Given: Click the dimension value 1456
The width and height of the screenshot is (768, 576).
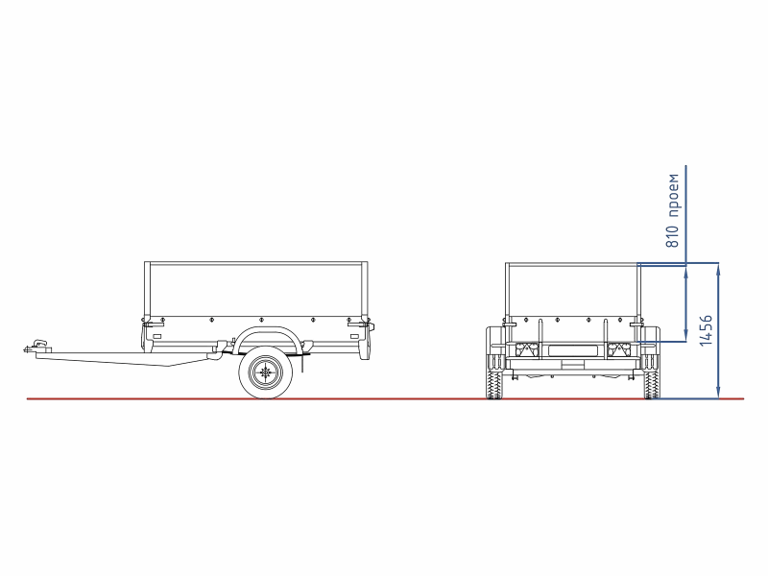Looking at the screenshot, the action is [706, 330].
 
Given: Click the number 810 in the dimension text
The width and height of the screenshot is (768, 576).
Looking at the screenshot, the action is [673, 236].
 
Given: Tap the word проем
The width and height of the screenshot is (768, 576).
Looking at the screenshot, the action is [674, 195].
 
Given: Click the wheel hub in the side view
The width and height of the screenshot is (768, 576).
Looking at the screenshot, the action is [266, 372].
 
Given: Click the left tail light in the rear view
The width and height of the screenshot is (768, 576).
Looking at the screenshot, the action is [526, 350].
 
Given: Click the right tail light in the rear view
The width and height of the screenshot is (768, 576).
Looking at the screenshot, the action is [618, 350].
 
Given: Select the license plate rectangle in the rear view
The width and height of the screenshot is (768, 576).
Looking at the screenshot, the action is [572, 350].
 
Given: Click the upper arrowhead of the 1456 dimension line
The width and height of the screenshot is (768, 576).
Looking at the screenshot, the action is [718, 270].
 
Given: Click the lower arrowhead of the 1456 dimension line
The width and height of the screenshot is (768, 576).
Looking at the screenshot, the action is [718, 393].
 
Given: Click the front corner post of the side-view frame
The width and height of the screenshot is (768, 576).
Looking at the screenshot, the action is [147, 291].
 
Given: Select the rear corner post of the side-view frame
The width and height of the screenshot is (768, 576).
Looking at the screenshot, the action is [365, 291].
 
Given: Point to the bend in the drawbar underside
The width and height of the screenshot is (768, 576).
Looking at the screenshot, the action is [169, 366].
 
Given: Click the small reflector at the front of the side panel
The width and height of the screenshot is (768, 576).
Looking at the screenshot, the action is [157, 337].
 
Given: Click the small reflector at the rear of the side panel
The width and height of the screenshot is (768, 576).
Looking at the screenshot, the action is [354, 337].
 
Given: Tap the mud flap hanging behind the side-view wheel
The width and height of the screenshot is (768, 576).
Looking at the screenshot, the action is [302, 363].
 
